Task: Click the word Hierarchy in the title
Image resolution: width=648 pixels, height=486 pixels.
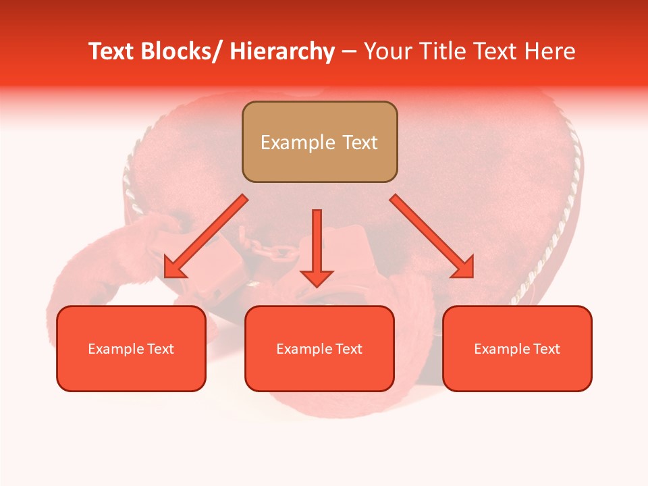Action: click(282, 51)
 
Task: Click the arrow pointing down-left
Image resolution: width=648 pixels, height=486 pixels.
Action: click(206, 236)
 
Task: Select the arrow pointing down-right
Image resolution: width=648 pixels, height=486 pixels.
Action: click(432, 236)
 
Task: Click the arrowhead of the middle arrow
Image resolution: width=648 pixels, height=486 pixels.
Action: click(317, 277)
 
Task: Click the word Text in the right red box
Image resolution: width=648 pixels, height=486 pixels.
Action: click(547, 349)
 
